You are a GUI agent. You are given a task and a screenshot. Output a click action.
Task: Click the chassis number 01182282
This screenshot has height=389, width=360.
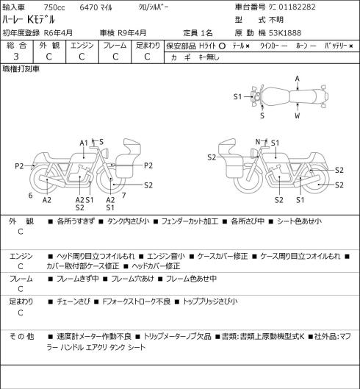(297, 7)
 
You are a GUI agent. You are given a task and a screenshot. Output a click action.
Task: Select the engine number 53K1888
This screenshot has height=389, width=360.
(285, 33)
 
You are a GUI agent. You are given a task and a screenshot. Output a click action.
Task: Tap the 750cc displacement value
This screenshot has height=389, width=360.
(54, 7)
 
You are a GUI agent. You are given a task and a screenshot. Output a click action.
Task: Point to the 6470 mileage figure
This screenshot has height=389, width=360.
(88, 7)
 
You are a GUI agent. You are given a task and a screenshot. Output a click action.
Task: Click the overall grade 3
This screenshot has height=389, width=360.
(16, 57)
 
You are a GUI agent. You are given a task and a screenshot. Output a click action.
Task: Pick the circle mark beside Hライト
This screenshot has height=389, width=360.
(222, 46)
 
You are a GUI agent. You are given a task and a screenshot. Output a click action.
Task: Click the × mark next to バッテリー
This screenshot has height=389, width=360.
(351, 46)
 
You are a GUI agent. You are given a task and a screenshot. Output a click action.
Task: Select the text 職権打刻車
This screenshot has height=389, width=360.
(21, 69)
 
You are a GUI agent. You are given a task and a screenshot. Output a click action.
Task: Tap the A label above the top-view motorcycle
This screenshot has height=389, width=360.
(298, 79)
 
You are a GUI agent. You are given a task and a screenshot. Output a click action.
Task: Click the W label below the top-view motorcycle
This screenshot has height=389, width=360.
(298, 115)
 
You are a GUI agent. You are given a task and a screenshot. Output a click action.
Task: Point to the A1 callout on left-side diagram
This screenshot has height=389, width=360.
(84, 143)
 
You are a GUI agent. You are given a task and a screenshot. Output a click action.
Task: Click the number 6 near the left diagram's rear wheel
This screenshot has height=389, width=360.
(31, 196)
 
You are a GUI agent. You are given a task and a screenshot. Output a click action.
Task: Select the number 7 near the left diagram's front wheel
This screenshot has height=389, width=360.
(123, 196)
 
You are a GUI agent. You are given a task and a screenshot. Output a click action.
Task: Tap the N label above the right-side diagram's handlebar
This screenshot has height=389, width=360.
(258, 142)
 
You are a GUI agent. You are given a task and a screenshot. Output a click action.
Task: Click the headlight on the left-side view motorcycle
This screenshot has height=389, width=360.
(105, 152)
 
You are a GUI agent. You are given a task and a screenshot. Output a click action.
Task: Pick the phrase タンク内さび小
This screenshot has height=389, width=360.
(128, 221)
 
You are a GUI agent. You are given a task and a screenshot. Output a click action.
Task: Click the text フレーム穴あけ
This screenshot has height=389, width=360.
(132, 279)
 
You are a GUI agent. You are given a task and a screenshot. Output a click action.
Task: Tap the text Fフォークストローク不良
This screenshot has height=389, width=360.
(137, 301)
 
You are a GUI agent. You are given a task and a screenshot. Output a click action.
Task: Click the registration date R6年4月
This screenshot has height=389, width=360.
(58, 33)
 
